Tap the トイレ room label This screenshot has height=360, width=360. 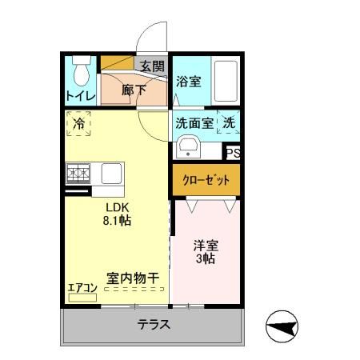pyautogui.click(x=81, y=97)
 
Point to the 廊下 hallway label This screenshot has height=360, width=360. pyautogui.click(x=134, y=90)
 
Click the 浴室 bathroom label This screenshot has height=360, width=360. pyautogui.click(x=189, y=81)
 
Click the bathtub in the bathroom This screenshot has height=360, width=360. pyautogui.click(x=226, y=81)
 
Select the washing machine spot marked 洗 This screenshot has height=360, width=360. pyautogui.click(x=229, y=124)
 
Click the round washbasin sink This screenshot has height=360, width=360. pyautogui.click(x=189, y=146)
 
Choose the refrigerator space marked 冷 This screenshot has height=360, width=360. pyautogui.click(x=79, y=124)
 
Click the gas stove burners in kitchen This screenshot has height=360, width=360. pyautogui.click(x=80, y=172)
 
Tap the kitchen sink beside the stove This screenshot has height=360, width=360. pyautogui.click(x=110, y=172)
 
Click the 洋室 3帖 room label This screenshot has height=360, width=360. pyautogui.click(x=205, y=252)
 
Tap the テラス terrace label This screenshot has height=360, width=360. pyautogui.click(x=151, y=325)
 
